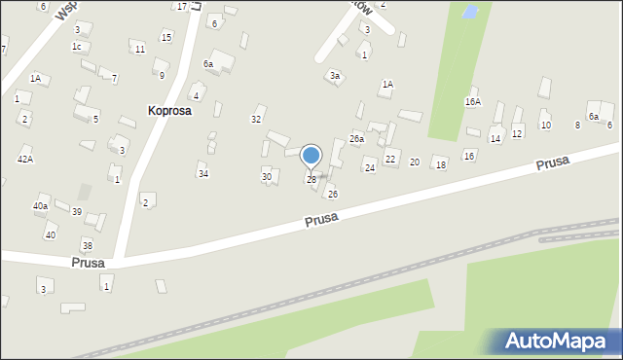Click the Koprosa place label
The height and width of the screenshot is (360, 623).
[169, 111]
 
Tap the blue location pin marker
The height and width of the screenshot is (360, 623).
[311, 156]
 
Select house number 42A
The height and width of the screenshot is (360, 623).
[25, 159]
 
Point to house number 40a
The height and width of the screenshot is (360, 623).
[40, 205]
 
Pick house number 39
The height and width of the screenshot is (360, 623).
[76, 211]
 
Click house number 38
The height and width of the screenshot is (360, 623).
[87, 245]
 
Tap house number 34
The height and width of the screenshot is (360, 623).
[202, 173]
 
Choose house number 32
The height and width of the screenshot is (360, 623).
[256, 119]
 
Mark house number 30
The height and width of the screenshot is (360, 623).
[267, 176]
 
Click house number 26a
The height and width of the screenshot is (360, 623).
[357, 139]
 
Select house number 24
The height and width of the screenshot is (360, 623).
[369, 167]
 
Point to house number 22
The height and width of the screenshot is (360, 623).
[390, 159]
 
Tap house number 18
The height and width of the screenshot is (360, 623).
[440, 165]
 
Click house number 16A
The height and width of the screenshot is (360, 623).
[472, 101]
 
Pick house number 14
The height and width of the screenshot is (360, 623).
[495, 139]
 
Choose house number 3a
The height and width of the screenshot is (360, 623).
[334, 75]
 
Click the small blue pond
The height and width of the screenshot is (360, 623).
[469, 13]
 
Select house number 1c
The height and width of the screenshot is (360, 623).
[76, 46]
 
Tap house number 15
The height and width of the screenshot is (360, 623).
[166, 37]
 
